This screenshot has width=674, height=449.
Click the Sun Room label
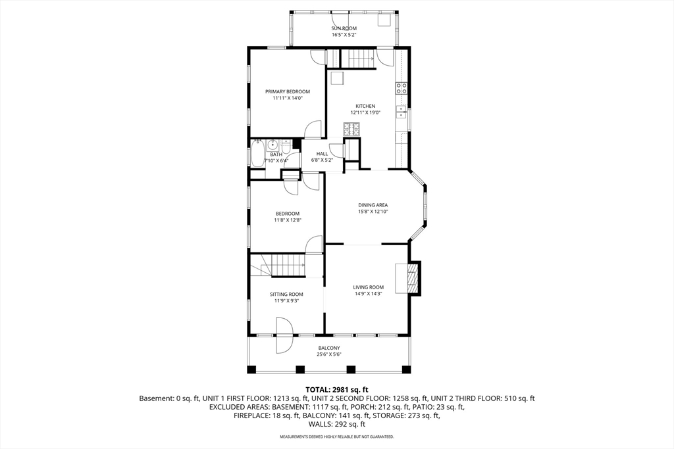pos(344,28)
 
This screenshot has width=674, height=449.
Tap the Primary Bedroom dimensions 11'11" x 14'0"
pos(288,98)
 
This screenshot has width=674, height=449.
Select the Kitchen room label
pos(365,106)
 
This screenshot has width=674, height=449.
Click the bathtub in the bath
pos(257,153)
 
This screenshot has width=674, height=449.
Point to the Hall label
pos(322,154)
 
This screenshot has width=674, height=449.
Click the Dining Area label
pos(373,205)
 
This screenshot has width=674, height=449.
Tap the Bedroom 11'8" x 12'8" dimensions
pos(288,220)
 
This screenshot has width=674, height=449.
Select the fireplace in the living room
pos(408,277)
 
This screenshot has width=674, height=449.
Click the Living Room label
pos(369,287)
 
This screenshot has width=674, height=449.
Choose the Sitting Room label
pos(286,295)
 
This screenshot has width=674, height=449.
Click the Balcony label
pos(329,348)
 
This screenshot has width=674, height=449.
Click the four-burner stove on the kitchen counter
pos(402,89)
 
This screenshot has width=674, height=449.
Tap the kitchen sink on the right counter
pos(402,112)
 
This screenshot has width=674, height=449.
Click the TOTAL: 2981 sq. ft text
pos(337,390)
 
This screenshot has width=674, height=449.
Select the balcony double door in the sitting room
pos(284,335)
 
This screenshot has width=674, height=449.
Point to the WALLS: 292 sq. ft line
pos(337,424)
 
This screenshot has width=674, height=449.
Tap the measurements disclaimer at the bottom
pos(337,437)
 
